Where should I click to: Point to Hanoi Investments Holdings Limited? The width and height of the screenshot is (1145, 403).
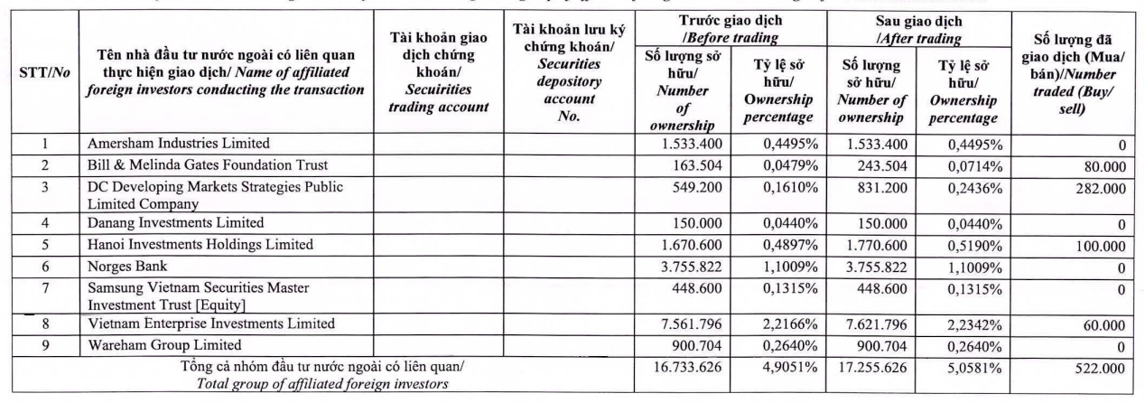click(200, 244)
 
